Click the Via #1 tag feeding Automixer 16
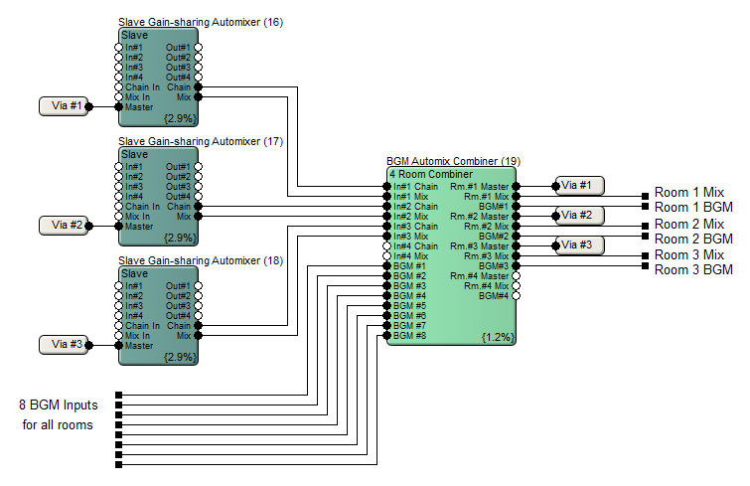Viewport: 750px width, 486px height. (x=64, y=106)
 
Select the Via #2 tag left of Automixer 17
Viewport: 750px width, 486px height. (x=64, y=226)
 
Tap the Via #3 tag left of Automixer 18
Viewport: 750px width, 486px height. (x=64, y=345)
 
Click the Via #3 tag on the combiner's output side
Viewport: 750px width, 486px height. (x=580, y=245)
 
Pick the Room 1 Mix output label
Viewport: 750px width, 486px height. (x=688, y=192)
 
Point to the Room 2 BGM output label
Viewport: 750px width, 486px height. (x=693, y=239)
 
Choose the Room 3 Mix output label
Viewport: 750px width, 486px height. (x=688, y=254)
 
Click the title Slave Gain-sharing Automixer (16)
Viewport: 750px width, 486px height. (x=201, y=22)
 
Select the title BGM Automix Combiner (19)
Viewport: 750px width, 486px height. (x=453, y=161)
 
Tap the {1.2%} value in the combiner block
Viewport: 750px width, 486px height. (x=498, y=337)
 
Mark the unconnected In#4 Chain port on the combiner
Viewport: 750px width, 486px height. (x=387, y=245)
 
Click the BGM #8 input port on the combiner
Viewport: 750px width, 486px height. (x=387, y=336)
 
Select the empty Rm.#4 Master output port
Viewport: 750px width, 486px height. (x=516, y=276)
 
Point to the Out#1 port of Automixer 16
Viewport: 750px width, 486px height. (x=198, y=48)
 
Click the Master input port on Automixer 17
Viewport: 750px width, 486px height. (x=119, y=227)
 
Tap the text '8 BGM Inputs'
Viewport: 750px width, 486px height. (x=59, y=405)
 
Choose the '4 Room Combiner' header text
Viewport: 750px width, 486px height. (x=431, y=174)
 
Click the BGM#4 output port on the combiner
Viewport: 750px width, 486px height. (x=516, y=296)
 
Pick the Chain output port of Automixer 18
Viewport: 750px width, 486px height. (x=198, y=326)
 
